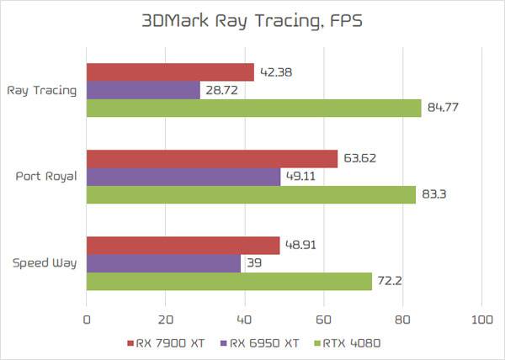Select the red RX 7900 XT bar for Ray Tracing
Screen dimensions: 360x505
click(x=170, y=72)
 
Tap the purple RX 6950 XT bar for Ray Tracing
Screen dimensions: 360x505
click(x=143, y=90)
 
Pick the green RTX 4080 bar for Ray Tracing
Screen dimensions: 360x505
click(x=253, y=108)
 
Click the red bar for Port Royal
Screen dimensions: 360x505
click(x=212, y=158)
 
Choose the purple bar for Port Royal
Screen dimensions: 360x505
click(x=183, y=177)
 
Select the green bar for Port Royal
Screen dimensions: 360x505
click(x=251, y=194)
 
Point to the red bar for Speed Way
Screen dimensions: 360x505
click(x=183, y=245)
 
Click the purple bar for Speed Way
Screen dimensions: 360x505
click(x=163, y=263)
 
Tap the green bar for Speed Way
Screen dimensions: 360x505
click(x=229, y=281)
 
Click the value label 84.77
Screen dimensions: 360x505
click(x=444, y=107)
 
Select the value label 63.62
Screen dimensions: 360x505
click(x=359, y=158)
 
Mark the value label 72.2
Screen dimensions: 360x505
click(x=389, y=281)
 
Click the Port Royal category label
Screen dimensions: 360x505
click(x=46, y=177)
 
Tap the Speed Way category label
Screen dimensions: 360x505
click(x=45, y=263)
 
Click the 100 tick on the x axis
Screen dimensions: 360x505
click(x=481, y=320)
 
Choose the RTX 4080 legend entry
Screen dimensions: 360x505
click(x=347, y=343)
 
